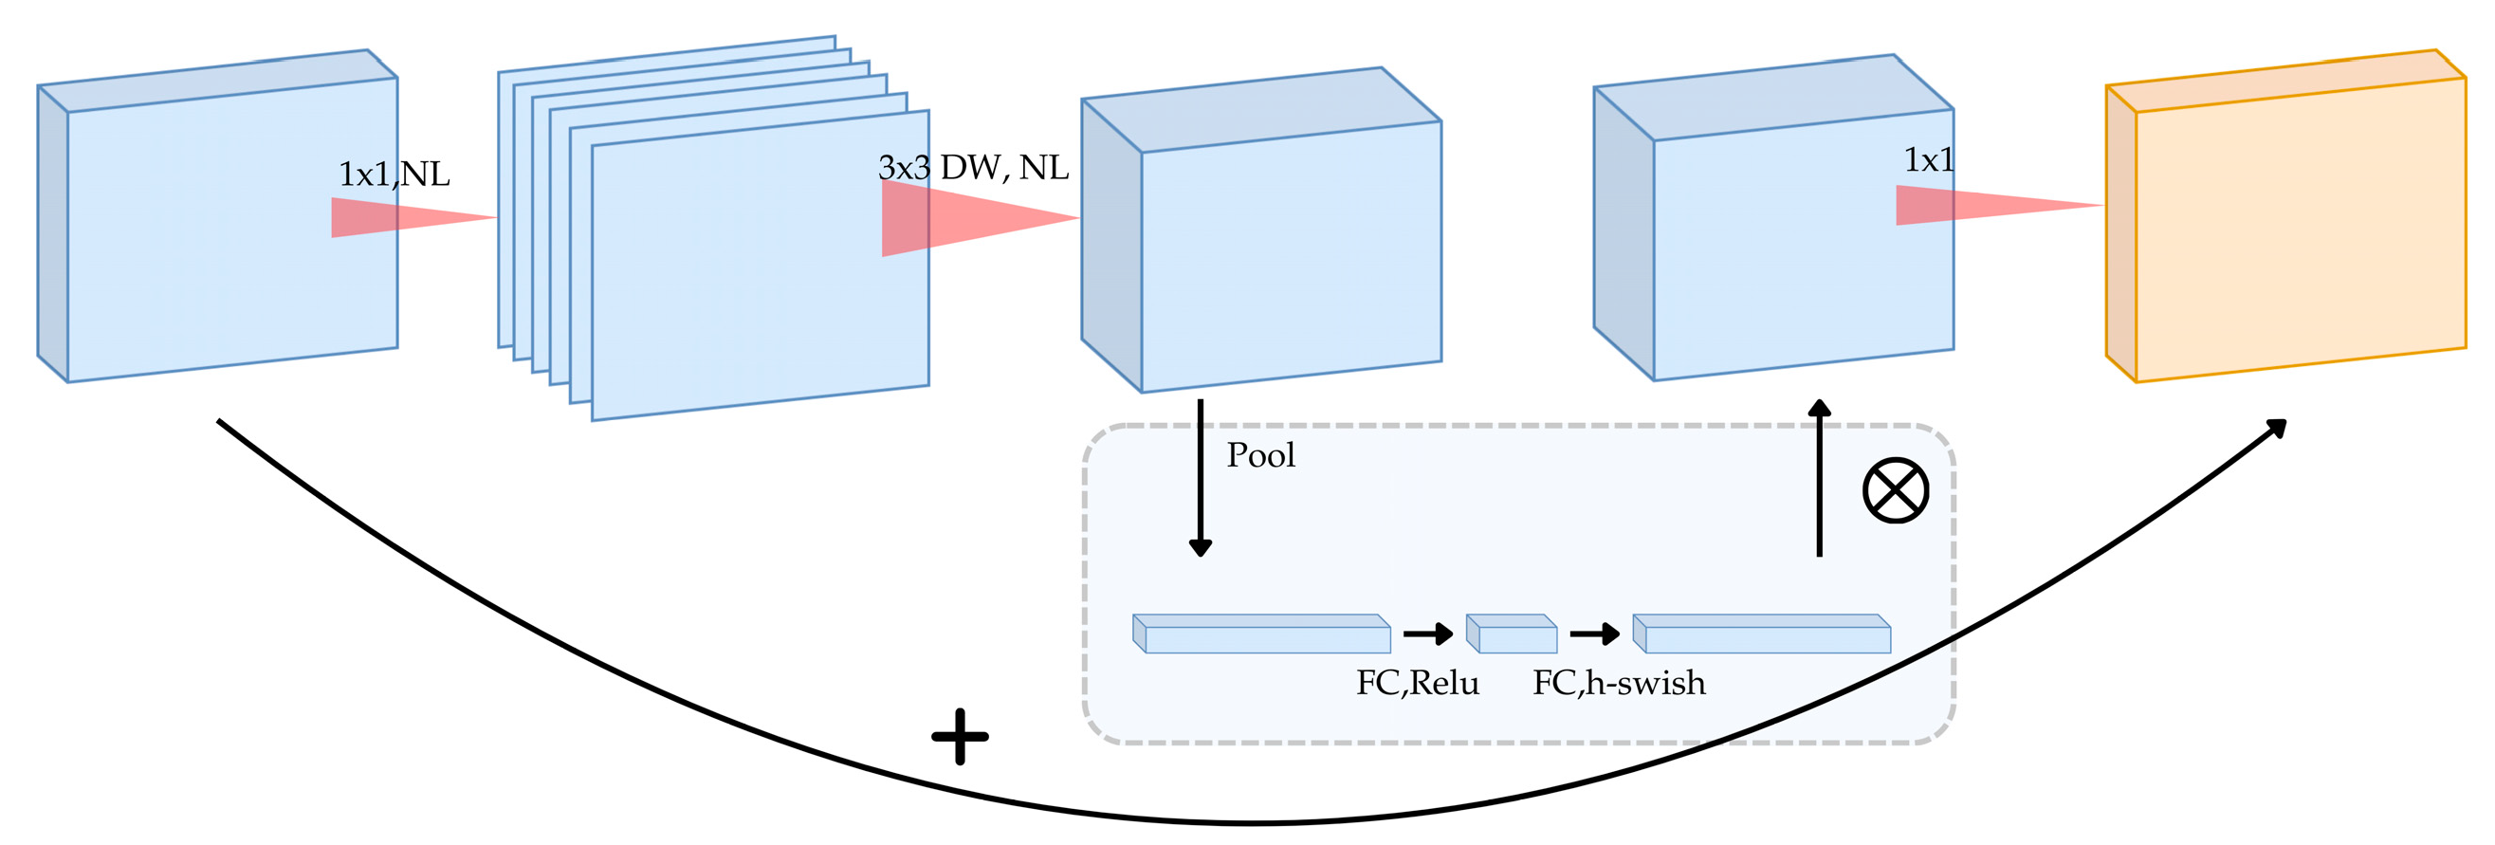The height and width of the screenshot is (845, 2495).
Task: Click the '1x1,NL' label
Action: [394, 175]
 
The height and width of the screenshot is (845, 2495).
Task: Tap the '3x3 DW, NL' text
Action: [972, 168]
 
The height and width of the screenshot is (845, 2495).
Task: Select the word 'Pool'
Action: [1260, 454]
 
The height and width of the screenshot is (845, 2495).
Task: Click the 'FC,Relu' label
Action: [1417, 683]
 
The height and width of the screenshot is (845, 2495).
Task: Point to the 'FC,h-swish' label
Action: [1619, 683]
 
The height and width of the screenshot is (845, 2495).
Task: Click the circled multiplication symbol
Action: [1895, 490]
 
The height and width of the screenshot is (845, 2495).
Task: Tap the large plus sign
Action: [959, 737]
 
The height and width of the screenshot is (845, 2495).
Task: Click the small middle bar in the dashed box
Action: [1512, 634]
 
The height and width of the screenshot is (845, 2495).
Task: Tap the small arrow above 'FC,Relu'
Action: [1428, 634]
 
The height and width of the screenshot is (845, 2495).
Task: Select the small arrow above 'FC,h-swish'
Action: [1594, 634]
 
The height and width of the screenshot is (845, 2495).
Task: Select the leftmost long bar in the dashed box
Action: [1262, 634]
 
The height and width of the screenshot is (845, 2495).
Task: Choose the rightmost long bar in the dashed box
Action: [1762, 634]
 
